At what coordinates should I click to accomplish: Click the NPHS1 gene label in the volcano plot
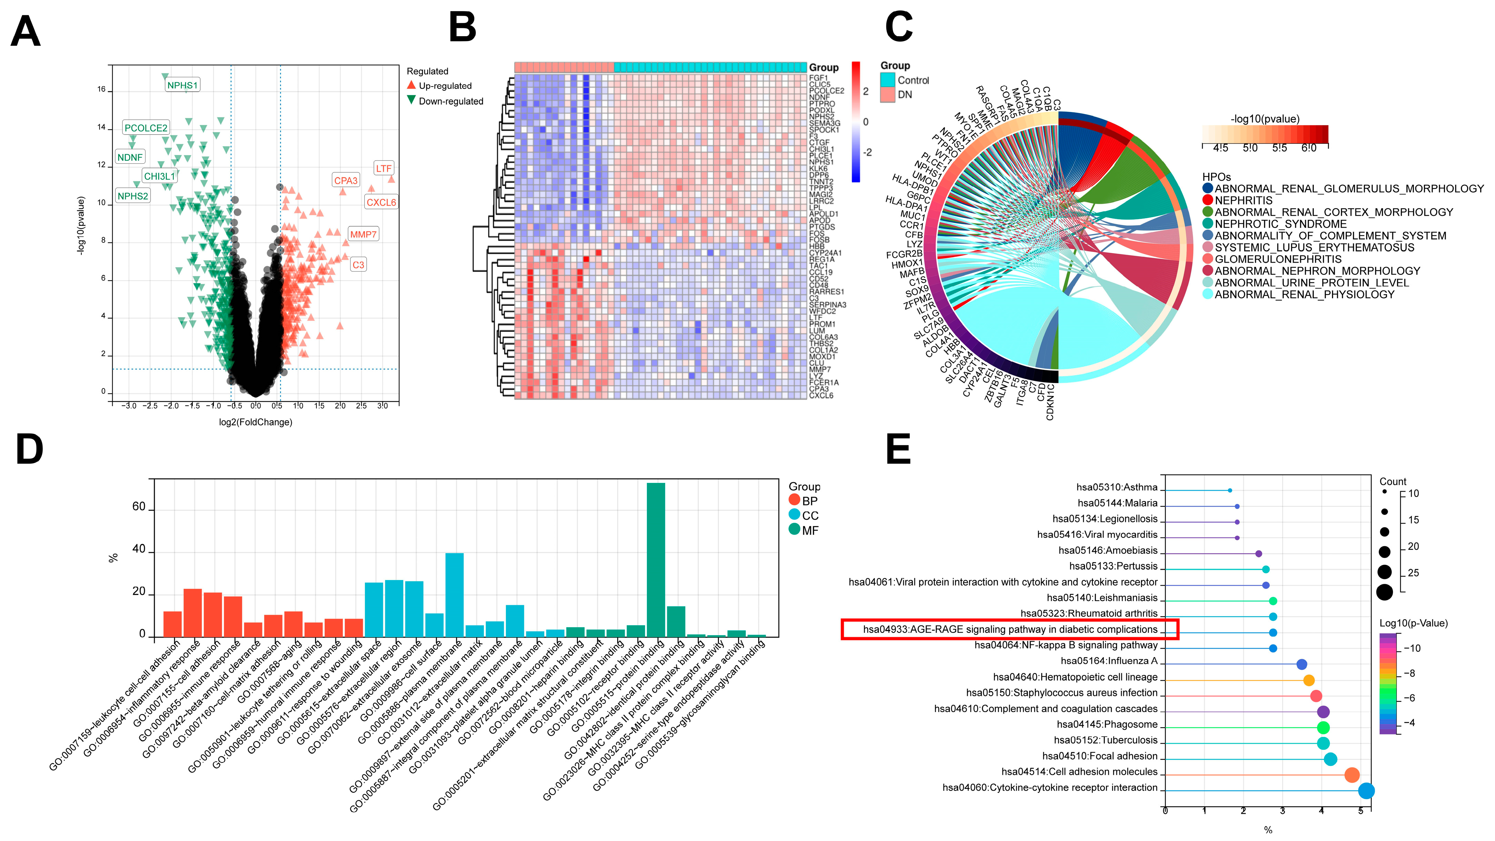pyautogui.click(x=182, y=85)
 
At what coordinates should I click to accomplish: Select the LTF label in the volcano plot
pyautogui.click(x=384, y=168)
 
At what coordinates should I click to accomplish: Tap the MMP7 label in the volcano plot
pyautogui.click(x=363, y=234)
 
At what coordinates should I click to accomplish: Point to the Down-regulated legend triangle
pyautogui.click(x=411, y=100)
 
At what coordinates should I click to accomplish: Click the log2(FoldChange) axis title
pyautogui.click(x=255, y=422)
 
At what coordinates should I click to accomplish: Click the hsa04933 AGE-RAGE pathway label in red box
pyautogui.click(x=1010, y=629)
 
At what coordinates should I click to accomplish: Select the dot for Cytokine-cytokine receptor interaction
pyautogui.click(x=1366, y=790)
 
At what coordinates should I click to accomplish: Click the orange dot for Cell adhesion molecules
pyautogui.click(x=1352, y=775)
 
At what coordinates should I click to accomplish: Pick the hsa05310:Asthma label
pyautogui.click(x=1117, y=487)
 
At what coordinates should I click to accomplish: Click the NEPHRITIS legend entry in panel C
pyautogui.click(x=1243, y=200)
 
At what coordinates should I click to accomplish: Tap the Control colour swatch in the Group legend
pyautogui.click(x=887, y=80)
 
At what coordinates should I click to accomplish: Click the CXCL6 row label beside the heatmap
pyautogui.click(x=821, y=396)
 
